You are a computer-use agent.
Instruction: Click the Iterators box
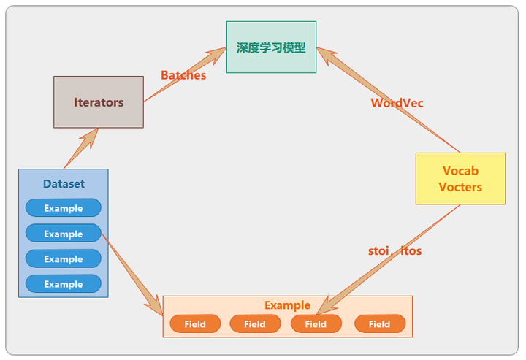point(99,102)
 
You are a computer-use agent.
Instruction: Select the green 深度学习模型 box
point(271,47)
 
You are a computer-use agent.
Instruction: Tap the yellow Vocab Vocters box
point(460,178)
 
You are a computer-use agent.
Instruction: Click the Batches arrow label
point(183,75)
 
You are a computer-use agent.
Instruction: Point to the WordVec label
point(397,103)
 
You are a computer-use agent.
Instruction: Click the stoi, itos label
point(394,250)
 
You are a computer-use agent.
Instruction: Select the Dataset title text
point(64,184)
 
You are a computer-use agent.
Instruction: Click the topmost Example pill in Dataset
point(64,208)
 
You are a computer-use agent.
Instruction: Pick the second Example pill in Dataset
point(64,234)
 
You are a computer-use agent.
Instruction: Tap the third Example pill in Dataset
point(64,259)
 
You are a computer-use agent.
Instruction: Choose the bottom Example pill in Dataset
point(64,284)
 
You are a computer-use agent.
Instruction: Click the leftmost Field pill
point(195,323)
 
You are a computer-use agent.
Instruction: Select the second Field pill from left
point(255,323)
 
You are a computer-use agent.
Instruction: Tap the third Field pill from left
point(316,323)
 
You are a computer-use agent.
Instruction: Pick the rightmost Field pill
point(379,323)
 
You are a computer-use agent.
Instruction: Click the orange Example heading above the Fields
point(287,305)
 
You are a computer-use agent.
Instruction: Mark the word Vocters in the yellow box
point(460,187)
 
